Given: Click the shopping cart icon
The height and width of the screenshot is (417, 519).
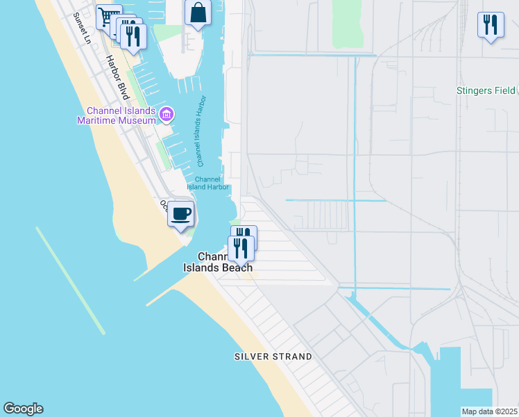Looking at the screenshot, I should (108, 15).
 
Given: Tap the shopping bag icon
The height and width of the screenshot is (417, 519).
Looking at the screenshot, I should (198, 13).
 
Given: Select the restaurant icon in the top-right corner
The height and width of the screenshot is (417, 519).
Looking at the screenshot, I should (491, 24).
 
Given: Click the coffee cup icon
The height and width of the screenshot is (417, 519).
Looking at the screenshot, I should (181, 213).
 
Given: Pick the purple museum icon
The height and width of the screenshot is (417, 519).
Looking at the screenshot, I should (166, 113).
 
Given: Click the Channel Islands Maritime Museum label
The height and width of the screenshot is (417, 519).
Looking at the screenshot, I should (121, 115).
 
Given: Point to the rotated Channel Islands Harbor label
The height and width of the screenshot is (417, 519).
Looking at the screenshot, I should (202, 131).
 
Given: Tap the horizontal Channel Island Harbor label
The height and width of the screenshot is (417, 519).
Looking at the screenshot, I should (208, 183).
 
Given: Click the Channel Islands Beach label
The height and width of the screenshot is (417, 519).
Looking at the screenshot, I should (217, 262).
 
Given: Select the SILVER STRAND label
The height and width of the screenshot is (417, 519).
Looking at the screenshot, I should (273, 357).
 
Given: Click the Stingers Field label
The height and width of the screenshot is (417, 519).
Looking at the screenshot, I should (485, 90).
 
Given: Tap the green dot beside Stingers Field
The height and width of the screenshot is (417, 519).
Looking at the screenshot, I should (517, 90).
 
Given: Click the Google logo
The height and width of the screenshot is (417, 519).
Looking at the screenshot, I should (23, 409).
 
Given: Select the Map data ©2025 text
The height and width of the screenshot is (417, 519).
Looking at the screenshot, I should (489, 411).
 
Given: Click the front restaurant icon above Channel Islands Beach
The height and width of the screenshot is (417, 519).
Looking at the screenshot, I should (241, 248).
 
